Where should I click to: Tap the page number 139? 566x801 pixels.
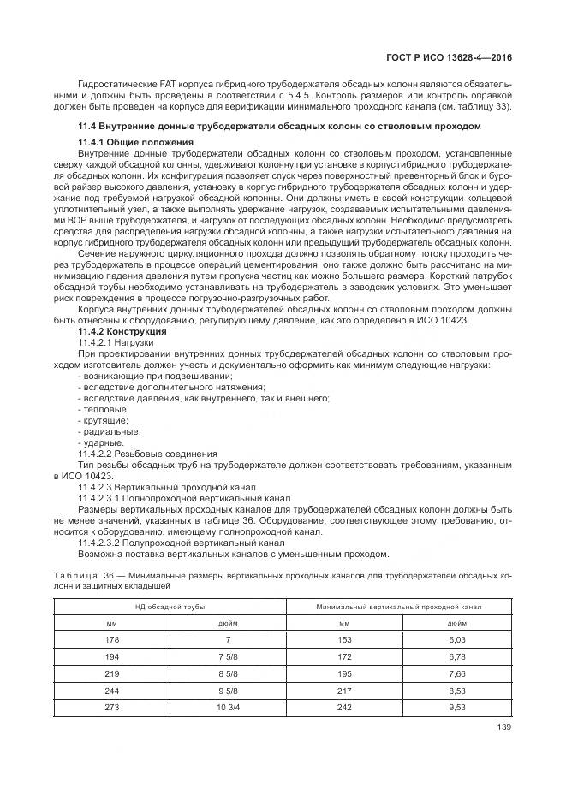504,729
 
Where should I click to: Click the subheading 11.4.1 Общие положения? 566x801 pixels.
135,141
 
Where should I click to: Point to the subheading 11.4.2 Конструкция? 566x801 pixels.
122,330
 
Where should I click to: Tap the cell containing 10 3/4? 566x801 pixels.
227,708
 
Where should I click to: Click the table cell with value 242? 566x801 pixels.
343,708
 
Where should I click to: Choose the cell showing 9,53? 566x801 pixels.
456,708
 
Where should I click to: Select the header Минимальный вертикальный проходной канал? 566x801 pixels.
399,606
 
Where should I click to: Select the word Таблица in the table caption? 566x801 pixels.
74,576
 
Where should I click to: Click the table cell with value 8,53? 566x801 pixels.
456,691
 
